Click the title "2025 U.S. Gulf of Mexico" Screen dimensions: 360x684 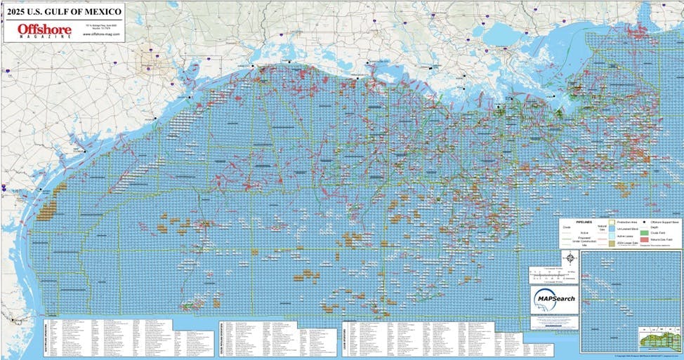click(x=63, y=11)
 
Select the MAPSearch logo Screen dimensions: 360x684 click(x=554, y=299)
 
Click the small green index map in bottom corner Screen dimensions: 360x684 click(x=659, y=340)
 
